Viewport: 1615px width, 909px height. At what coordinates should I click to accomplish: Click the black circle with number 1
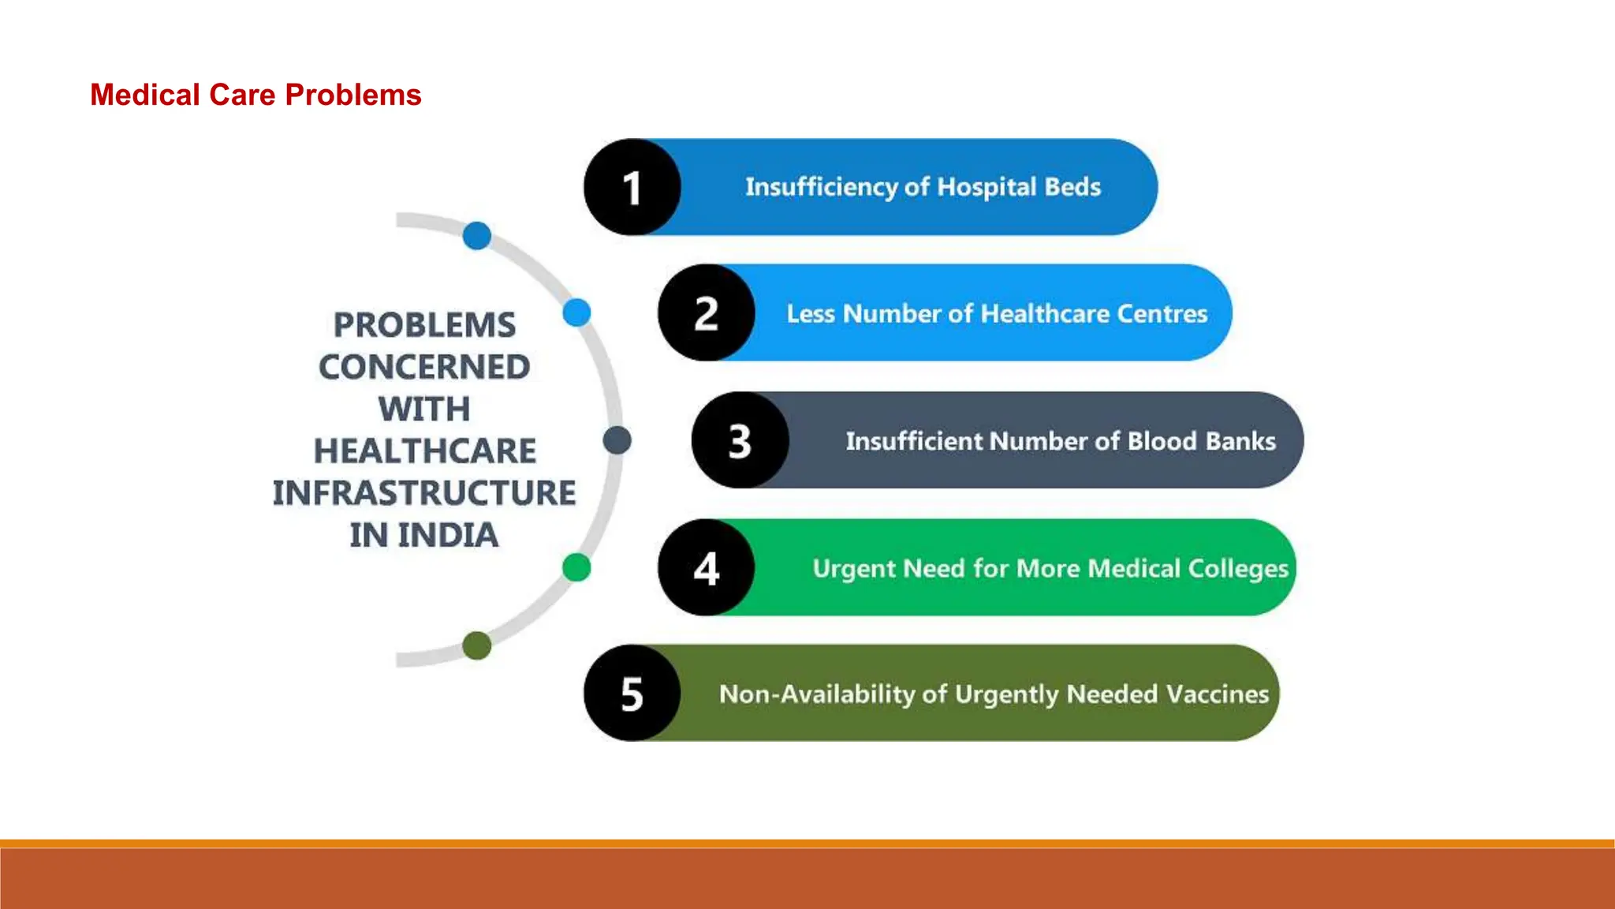tap(632, 187)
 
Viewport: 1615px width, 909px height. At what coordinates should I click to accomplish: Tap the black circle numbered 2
tap(707, 313)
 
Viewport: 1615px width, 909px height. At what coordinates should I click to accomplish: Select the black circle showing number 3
tap(740, 440)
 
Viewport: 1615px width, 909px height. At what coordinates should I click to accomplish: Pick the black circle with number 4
tap(707, 567)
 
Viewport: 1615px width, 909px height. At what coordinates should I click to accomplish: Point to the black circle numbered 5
tap(632, 694)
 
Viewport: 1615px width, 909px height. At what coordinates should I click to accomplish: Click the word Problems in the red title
tap(352, 95)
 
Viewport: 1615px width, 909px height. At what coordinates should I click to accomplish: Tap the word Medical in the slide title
tap(144, 95)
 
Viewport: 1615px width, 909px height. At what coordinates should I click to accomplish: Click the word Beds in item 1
tap(1072, 187)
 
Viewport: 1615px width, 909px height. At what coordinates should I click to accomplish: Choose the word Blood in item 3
tap(1162, 441)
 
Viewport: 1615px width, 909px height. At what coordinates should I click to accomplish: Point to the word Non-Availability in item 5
tap(816, 694)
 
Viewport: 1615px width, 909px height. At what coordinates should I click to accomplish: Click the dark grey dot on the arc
tap(617, 440)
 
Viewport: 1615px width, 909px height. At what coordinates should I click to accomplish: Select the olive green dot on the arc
tap(477, 645)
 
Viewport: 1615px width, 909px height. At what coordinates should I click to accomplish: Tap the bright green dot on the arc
tap(576, 567)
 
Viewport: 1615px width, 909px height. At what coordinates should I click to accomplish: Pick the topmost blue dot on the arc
tap(477, 235)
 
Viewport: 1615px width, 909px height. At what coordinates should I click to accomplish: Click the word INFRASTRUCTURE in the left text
tap(424, 493)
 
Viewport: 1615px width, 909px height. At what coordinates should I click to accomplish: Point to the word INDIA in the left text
tap(448, 536)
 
